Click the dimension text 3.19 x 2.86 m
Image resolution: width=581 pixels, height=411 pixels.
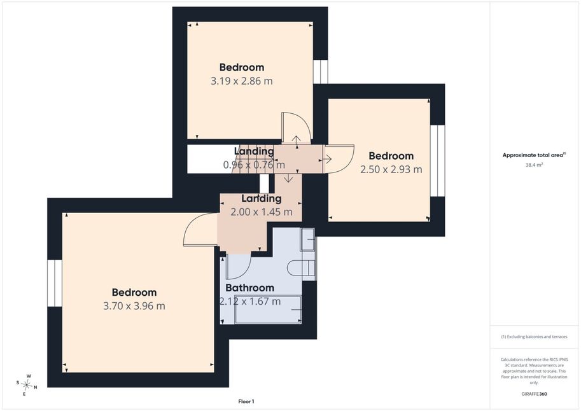(x=242, y=81)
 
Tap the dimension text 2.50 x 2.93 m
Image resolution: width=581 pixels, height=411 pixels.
(x=391, y=169)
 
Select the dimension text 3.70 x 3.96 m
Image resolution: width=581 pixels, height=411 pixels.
(x=134, y=306)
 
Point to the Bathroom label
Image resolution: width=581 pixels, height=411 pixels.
(x=249, y=288)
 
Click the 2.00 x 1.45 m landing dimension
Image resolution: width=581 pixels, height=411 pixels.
(x=262, y=212)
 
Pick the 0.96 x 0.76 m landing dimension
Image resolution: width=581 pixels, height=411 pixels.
(x=254, y=165)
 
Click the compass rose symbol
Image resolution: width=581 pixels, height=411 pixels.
(x=27, y=386)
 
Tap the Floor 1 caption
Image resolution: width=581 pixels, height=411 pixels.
(x=246, y=401)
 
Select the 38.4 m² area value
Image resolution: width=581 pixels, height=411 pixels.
(x=534, y=165)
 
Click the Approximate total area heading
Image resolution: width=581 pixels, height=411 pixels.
(x=533, y=155)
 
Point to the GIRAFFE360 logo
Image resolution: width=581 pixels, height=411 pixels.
(x=534, y=394)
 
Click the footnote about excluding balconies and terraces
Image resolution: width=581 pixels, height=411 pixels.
(x=534, y=337)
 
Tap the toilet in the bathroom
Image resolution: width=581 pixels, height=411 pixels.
(x=301, y=268)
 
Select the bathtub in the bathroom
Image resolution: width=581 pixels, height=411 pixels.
(x=268, y=310)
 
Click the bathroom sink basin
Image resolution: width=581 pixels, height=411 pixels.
(x=307, y=239)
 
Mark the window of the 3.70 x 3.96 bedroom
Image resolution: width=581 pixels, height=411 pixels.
(x=55, y=283)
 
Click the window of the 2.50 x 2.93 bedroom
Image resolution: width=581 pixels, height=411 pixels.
(x=437, y=161)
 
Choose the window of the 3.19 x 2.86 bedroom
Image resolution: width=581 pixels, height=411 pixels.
(x=321, y=71)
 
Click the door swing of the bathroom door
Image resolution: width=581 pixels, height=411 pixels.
(x=239, y=266)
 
